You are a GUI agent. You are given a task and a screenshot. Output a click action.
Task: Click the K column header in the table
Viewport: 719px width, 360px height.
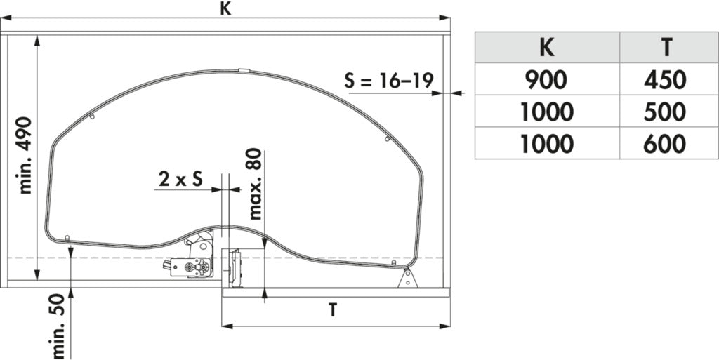[546, 48]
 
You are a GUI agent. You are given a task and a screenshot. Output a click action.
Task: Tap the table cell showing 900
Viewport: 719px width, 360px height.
[546, 79]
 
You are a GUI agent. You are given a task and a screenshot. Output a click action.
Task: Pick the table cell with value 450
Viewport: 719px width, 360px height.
[665, 79]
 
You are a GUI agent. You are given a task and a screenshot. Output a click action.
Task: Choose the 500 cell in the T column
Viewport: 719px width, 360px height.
[665, 112]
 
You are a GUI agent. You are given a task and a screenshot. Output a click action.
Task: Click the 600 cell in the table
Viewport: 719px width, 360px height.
[665, 143]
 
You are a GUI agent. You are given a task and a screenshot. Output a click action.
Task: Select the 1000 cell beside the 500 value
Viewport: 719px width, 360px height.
[546, 112]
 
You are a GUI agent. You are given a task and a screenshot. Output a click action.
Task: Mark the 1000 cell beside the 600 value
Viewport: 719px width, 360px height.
[546, 143]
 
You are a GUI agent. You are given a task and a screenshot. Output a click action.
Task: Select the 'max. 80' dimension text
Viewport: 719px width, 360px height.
[255, 184]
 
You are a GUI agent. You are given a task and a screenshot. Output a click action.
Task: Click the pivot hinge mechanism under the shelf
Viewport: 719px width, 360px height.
[193, 260]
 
